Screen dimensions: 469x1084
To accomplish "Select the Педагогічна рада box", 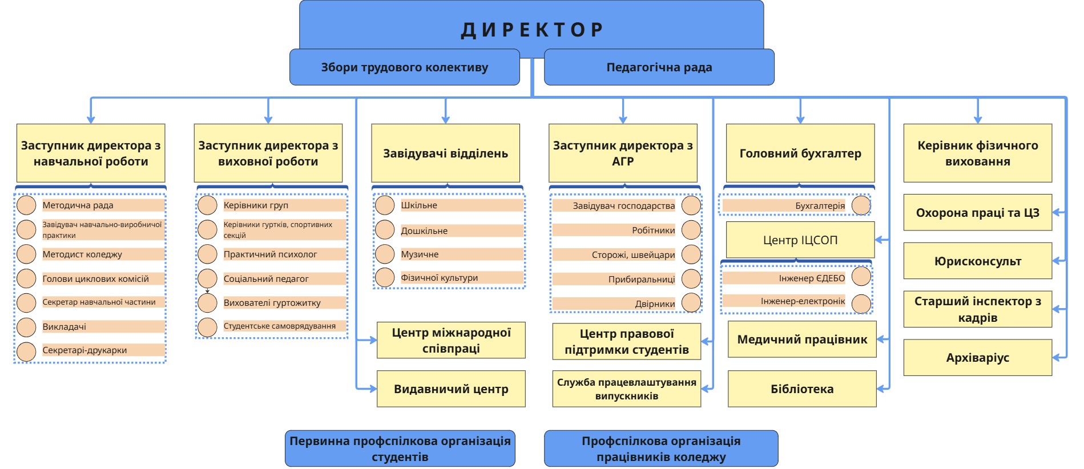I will point(659,67).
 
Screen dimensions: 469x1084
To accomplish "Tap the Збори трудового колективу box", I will point(404,67).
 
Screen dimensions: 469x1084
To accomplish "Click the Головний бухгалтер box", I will point(800,153).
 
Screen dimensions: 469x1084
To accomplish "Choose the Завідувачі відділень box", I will point(445,153).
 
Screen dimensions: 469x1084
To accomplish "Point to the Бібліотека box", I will point(801,389).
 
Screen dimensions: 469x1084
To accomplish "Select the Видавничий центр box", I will point(450,389).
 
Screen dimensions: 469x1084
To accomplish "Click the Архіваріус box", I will point(977,358).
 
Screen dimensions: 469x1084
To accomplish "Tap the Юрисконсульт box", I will point(977,261).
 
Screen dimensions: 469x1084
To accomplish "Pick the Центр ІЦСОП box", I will point(800,240).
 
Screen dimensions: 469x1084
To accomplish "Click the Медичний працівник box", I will point(801,339).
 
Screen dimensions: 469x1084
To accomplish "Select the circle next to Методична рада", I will point(26,205).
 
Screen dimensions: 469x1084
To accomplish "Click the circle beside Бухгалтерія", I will point(861,205).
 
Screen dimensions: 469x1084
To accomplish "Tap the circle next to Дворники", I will point(691,303).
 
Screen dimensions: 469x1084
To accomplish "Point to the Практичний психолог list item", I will point(270,254).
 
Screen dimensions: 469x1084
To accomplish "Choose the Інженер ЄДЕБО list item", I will point(811,278).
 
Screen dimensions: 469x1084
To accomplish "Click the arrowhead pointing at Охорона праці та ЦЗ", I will point(1057,212).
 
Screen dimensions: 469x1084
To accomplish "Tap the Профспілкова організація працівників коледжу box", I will point(660,448).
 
